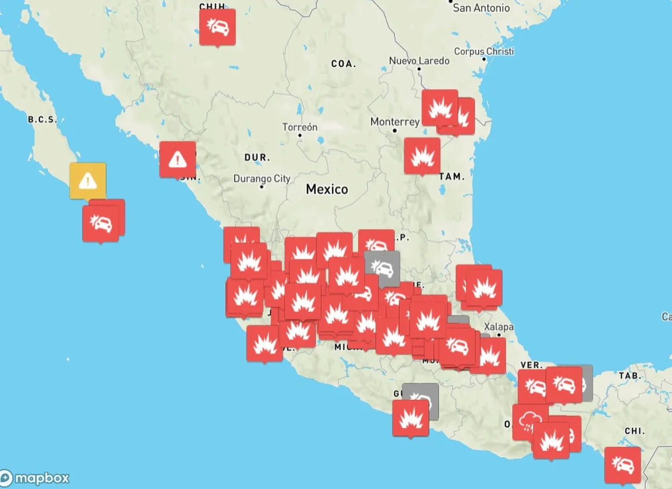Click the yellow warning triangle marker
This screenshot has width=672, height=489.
point(88,181)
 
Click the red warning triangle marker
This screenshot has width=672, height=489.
point(177,159)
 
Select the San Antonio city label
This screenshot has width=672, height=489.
point(481,8)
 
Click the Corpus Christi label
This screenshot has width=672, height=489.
point(484,51)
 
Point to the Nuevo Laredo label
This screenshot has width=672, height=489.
point(419,61)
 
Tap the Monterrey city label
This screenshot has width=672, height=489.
point(395,122)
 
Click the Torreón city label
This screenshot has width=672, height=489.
point(300,128)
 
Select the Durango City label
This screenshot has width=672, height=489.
point(261,179)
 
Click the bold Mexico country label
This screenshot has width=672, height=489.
point(327,189)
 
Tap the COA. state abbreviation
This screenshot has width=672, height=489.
point(343,64)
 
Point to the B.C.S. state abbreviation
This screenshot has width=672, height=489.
point(42,120)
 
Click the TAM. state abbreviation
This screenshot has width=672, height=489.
point(451,177)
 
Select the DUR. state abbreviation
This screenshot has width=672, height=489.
point(257,158)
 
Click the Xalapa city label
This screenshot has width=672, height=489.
point(498,327)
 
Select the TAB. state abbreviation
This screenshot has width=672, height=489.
point(629,376)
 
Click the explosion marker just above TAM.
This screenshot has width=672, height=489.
point(422,155)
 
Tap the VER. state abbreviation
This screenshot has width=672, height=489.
point(531,365)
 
